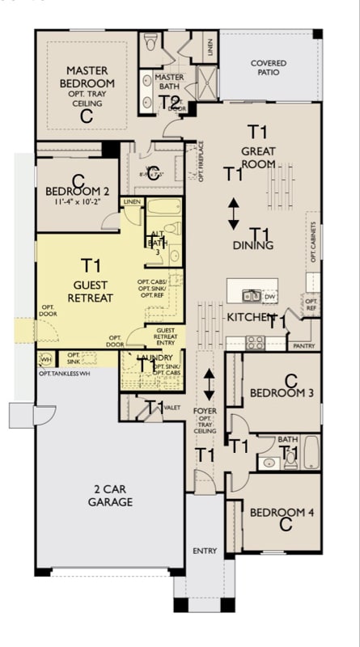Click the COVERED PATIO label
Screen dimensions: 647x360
pos(268,68)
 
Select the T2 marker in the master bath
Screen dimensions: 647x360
pos(170,102)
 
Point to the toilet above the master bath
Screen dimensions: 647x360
pos(150,41)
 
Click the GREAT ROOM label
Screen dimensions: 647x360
pos(258,156)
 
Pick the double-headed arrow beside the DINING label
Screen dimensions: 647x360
pos(233,213)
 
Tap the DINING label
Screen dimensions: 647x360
pos(252,245)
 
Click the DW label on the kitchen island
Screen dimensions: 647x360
pos(269,297)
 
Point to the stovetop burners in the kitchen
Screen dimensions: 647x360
pos(256,342)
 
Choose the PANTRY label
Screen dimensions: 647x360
pos(304,345)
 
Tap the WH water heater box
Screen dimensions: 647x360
pos(45,359)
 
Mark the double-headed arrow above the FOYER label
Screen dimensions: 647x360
pos(209,385)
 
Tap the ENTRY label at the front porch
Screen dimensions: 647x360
pos(205,551)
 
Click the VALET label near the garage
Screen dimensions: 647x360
pos(172,408)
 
